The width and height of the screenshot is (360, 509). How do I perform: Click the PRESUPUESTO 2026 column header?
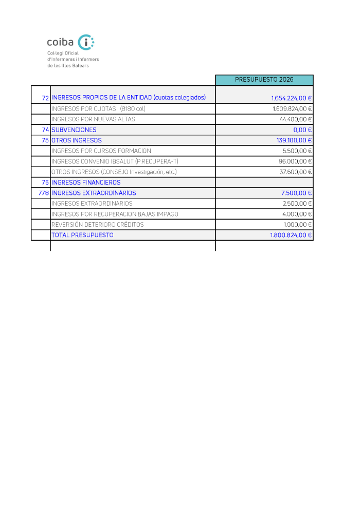pyautogui.click(x=264, y=80)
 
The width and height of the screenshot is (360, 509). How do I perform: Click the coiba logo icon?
pyautogui.click(x=85, y=42)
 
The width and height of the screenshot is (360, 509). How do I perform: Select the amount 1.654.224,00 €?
pyautogui.click(x=292, y=98)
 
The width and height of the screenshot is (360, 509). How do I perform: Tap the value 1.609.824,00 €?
pyautogui.click(x=292, y=108)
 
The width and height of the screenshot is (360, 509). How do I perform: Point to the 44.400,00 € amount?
pyautogui.click(x=296, y=119)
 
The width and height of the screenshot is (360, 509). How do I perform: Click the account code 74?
pyautogui.click(x=45, y=130)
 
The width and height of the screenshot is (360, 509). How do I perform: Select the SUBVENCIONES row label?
pyautogui.click(x=74, y=130)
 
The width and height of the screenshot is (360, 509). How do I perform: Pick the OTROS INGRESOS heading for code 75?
pyautogui.click(x=77, y=140)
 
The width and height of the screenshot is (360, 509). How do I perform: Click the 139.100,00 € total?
pyautogui.click(x=294, y=140)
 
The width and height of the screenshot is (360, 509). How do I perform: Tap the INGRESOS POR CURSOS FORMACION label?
pyautogui.click(x=101, y=151)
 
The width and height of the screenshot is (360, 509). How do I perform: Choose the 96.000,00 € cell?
pyautogui.click(x=296, y=161)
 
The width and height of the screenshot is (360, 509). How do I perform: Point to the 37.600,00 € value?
pyautogui.click(x=296, y=172)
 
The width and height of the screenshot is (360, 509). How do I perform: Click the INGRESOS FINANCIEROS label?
pyautogui.click(x=86, y=183)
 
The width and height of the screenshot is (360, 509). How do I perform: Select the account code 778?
pyautogui.click(x=44, y=193)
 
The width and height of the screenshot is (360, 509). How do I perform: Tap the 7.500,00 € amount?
pyautogui.click(x=298, y=193)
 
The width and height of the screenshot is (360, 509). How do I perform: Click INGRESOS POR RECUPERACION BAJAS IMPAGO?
pyautogui.click(x=115, y=214)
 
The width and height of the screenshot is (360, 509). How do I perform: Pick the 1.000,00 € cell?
pyautogui.click(x=298, y=225)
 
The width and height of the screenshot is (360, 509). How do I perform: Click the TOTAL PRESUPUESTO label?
pyautogui.click(x=82, y=235)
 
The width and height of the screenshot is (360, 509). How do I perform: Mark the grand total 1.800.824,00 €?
pyautogui.click(x=292, y=235)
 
